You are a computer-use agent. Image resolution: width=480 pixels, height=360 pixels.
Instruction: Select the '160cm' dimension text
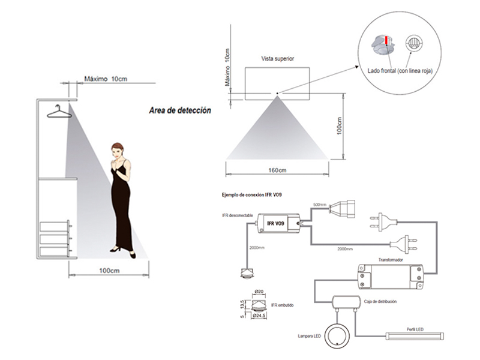277,170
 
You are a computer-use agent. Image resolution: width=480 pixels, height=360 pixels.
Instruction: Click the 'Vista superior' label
277,59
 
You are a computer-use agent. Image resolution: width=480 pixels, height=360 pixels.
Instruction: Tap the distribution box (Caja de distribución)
345,304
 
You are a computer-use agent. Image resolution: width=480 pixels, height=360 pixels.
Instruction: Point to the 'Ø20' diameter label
260,292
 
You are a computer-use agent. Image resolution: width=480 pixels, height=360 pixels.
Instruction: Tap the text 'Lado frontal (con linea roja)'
400,71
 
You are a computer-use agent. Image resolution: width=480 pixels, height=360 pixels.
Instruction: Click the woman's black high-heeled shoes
122,251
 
